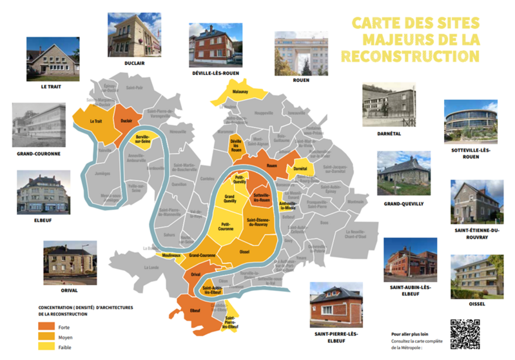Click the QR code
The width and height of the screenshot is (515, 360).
[x=465, y=334]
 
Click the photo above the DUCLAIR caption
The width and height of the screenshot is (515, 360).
[x=133, y=35]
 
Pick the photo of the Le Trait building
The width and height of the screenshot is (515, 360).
[x=53, y=59]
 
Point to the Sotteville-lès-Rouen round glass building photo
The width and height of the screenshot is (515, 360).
[x=470, y=121]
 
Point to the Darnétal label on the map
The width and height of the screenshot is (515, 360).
[x=300, y=168]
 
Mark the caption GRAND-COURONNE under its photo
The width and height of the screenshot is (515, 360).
[x=39, y=154]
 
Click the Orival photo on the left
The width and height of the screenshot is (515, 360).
[x=70, y=262]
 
